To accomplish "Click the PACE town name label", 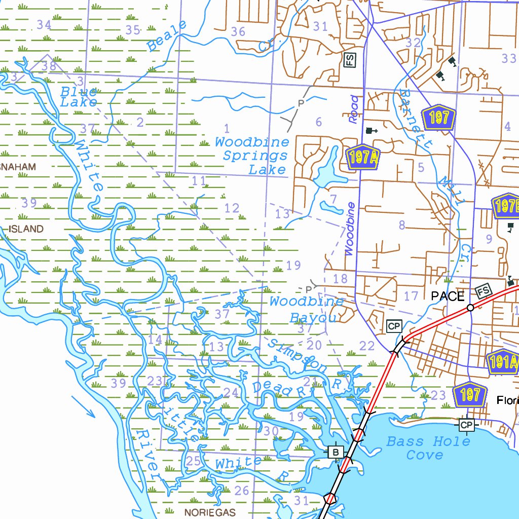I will [x=448, y=296].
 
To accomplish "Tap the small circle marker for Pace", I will [x=470, y=308].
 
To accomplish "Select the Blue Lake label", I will [x=79, y=97].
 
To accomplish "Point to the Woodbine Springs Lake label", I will [x=252, y=156].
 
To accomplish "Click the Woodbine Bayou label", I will [x=307, y=310].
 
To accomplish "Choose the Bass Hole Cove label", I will [x=428, y=448].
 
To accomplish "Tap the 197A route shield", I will [x=363, y=158].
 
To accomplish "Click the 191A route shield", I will [x=503, y=362].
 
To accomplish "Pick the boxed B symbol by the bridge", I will [x=335, y=451].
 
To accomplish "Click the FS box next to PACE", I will [x=484, y=291].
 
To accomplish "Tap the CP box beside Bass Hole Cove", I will [x=466, y=424].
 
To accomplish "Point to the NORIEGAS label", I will [x=210, y=512].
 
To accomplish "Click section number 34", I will [x=44, y=25].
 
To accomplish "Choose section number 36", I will [x=238, y=31].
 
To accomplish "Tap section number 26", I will [x=242, y=490].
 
